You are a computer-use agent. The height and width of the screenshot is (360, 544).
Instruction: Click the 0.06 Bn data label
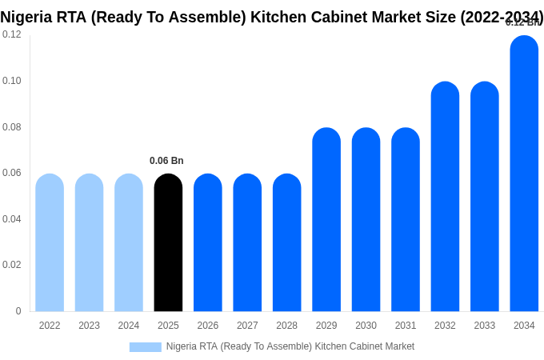(166, 161)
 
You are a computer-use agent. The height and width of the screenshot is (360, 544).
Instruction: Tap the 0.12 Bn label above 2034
(523, 22)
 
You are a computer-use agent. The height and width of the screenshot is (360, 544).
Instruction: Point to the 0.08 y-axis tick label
(12, 127)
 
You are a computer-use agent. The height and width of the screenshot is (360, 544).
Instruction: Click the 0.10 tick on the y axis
(12, 81)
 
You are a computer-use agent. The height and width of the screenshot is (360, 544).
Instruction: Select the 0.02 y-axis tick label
(12, 265)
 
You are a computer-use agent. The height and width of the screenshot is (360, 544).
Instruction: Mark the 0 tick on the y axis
(18, 311)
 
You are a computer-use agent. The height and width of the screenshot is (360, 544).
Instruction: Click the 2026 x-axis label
(208, 326)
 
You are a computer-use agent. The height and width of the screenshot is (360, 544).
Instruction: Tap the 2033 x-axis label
(485, 326)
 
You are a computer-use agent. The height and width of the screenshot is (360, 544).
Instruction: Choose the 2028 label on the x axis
(286, 326)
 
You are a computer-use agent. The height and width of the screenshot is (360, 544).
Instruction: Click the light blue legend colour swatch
(145, 346)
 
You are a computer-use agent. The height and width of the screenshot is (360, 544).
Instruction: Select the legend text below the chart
(290, 346)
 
